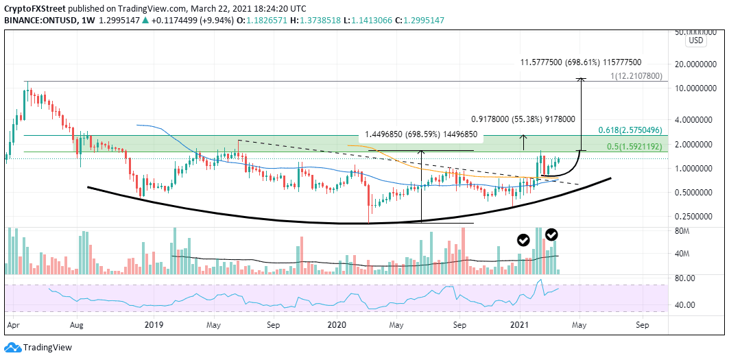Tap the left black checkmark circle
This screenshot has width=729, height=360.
[x=523, y=239]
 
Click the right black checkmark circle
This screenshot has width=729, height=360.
[x=551, y=235]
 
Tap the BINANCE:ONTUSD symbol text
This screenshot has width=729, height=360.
[x=36, y=21]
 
